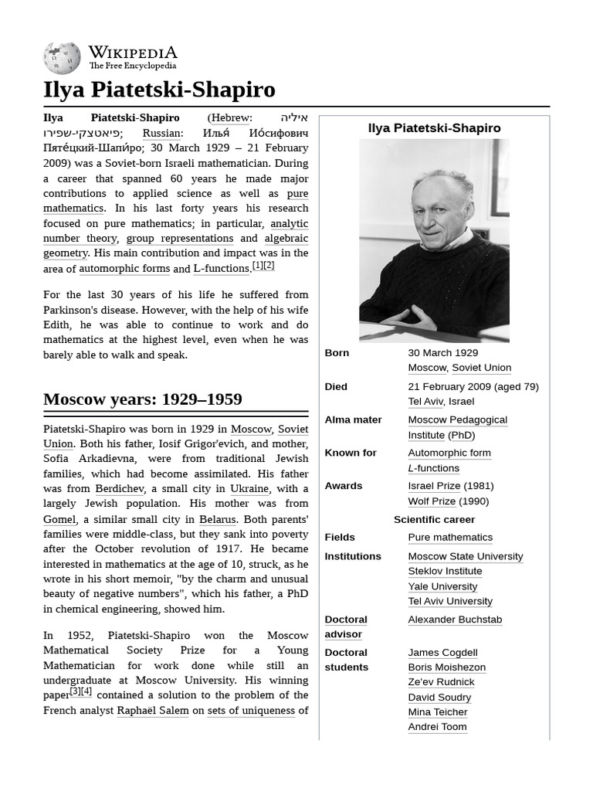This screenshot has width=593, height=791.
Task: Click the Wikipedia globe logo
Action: tap(62, 58)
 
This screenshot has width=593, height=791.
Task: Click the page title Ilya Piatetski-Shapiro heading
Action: tap(159, 90)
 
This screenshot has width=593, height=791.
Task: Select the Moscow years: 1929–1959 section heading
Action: tap(143, 399)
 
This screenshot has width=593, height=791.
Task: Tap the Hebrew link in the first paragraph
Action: tap(230, 118)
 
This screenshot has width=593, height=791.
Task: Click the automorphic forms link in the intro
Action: tap(124, 269)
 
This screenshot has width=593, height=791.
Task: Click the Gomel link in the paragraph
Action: tap(59, 519)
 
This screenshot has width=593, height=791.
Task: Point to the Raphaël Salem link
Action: tap(152, 711)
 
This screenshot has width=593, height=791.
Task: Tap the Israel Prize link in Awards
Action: tap(434, 486)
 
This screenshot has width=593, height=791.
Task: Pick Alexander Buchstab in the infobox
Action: tap(455, 620)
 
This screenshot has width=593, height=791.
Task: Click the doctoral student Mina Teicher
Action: tap(437, 712)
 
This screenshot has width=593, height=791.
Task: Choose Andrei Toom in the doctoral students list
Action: tap(437, 727)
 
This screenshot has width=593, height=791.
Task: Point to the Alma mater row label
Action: tap(353, 420)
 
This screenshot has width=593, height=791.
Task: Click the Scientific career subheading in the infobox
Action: tap(434, 520)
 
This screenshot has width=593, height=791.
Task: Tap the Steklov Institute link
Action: tap(445, 571)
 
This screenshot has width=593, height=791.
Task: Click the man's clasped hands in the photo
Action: tap(409, 317)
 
